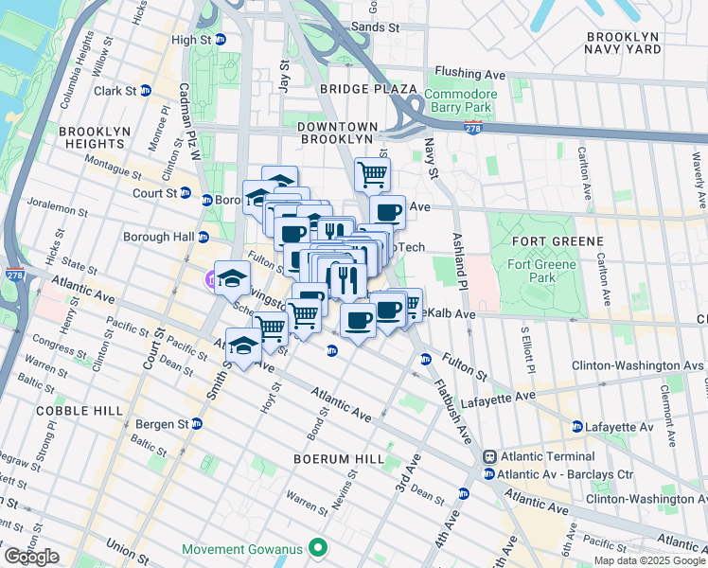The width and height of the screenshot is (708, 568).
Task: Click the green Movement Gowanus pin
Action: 319,548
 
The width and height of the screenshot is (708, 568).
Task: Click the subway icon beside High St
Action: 221,40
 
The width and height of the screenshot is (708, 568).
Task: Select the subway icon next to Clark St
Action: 146,91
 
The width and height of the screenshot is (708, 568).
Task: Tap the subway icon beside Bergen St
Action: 197,422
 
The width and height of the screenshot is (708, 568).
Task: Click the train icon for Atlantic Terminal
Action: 489,457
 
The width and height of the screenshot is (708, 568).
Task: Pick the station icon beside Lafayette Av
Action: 576,427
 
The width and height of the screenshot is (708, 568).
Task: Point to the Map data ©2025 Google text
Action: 649,560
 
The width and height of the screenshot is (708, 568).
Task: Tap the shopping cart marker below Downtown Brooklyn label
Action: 372,174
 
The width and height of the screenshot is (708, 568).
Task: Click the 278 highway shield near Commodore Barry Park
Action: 470,127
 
